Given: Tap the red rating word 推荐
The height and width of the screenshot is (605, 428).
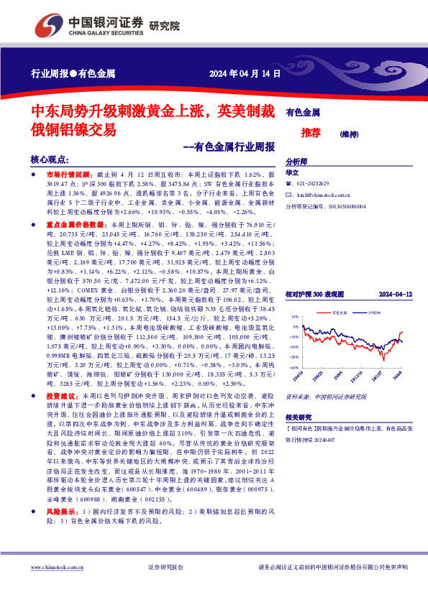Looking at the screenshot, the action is click(x=311, y=133).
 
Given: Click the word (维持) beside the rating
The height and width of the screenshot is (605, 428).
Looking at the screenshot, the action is click(x=350, y=134).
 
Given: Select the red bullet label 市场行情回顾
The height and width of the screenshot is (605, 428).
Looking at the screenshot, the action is click(x=67, y=175).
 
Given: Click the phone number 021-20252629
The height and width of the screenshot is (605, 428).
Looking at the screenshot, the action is click(x=318, y=184).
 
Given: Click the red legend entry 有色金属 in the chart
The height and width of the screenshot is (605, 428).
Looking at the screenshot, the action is click(x=342, y=313).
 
